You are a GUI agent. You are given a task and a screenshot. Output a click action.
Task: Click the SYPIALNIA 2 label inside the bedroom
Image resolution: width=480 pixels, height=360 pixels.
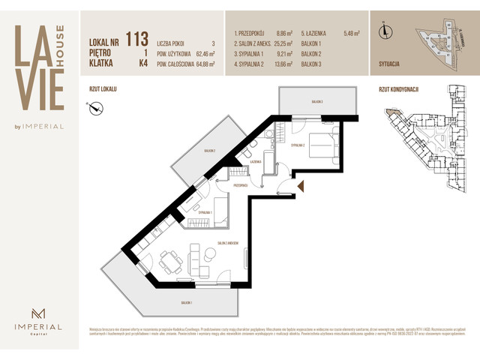point(298,146)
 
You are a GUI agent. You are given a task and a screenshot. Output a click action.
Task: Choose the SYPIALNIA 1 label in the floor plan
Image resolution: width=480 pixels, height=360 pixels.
point(205,213)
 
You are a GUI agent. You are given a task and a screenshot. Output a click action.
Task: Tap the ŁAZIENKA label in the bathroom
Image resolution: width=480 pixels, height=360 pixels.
point(255,161)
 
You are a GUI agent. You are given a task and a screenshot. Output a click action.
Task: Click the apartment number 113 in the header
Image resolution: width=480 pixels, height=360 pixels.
point(136,37)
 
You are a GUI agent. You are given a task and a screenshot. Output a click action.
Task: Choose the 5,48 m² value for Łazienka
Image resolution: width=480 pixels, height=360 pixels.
point(352,34)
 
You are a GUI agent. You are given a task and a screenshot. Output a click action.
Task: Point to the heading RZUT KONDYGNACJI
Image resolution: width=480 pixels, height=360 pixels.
point(399,89)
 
